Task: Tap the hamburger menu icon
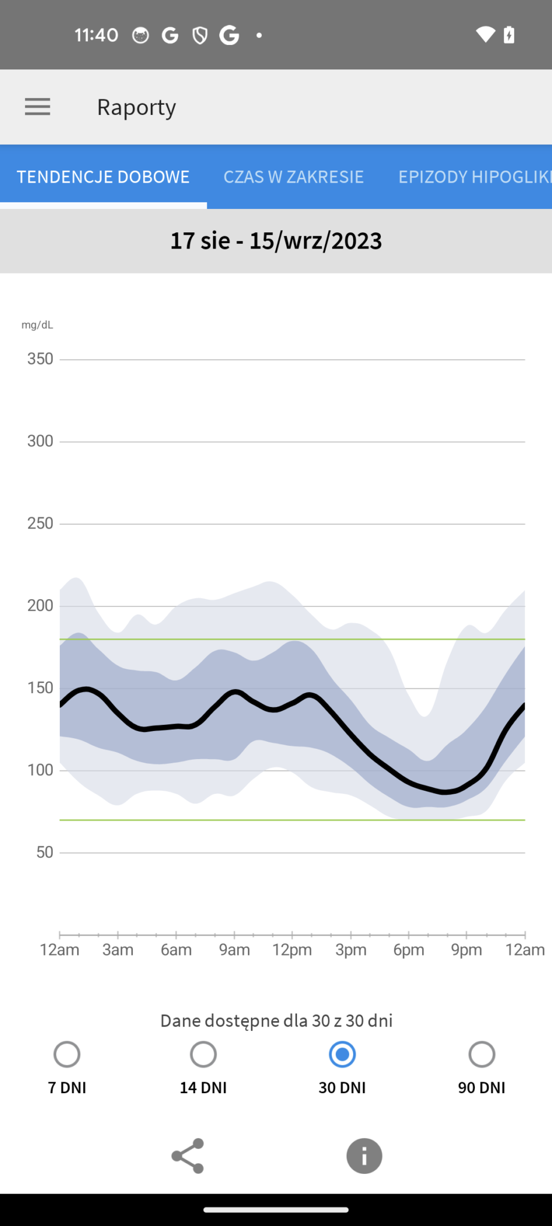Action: (37, 107)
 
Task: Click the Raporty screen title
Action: (137, 108)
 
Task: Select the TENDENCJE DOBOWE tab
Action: (103, 177)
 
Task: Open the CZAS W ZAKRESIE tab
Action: (293, 177)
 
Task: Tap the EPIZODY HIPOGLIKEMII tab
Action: (475, 177)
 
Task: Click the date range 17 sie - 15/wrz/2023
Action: (276, 241)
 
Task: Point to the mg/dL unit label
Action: (37, 325)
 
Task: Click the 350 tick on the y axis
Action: (40, 359)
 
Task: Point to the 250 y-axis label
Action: (40, 523)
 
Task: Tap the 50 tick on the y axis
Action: (45, 852)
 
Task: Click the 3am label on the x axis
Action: (118, 950)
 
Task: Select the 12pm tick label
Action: (292, 950)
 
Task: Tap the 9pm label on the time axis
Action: (466, 950)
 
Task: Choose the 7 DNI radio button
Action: (67, 1055)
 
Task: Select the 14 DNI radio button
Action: (204, 1055)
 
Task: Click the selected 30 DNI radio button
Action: (342, 1055)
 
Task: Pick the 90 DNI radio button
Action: (482, 1055)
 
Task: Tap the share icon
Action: (188, 1156)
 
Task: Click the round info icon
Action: (364, 1156)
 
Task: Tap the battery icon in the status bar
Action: (509, 35)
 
